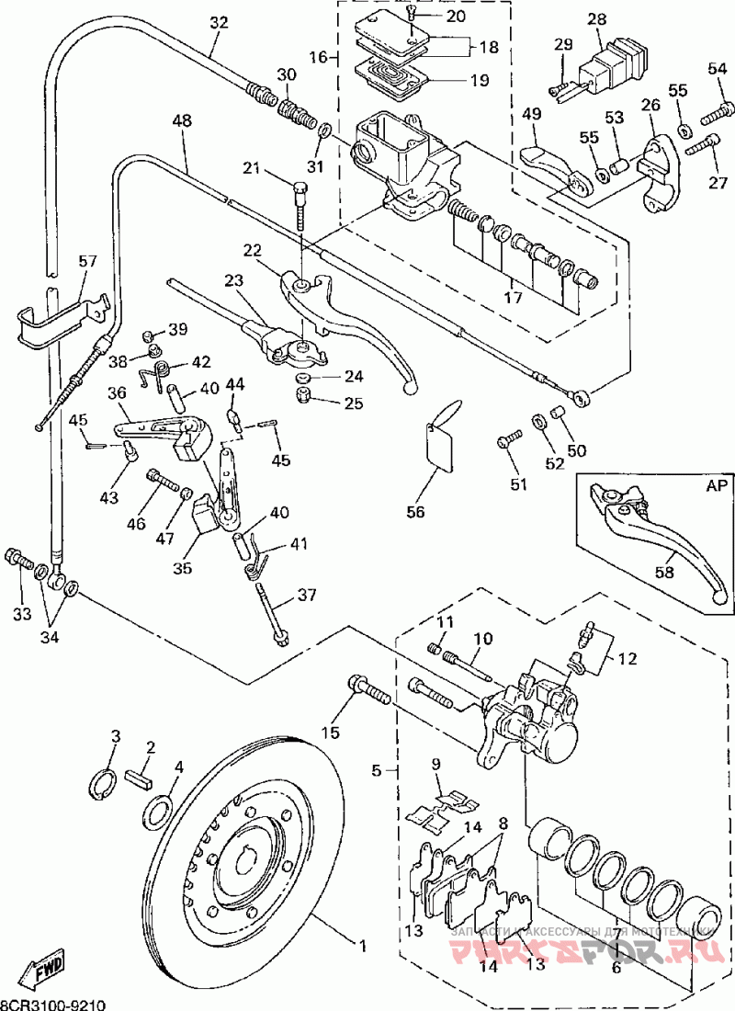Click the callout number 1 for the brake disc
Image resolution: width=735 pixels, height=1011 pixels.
[361, 944]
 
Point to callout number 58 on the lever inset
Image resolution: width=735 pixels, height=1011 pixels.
[663, 572]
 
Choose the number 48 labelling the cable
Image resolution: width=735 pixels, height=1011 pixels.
[181, 120]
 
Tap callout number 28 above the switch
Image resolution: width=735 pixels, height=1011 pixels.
[597, 20]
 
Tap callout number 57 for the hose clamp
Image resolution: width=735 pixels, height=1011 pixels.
[88, 262]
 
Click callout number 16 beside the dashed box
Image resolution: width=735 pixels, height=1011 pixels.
[319, 57]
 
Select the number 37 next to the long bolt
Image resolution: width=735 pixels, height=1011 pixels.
[306, 595]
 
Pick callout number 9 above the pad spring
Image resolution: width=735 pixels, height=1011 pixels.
[436, 763]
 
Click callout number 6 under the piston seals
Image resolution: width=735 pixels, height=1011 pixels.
[616, 967]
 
